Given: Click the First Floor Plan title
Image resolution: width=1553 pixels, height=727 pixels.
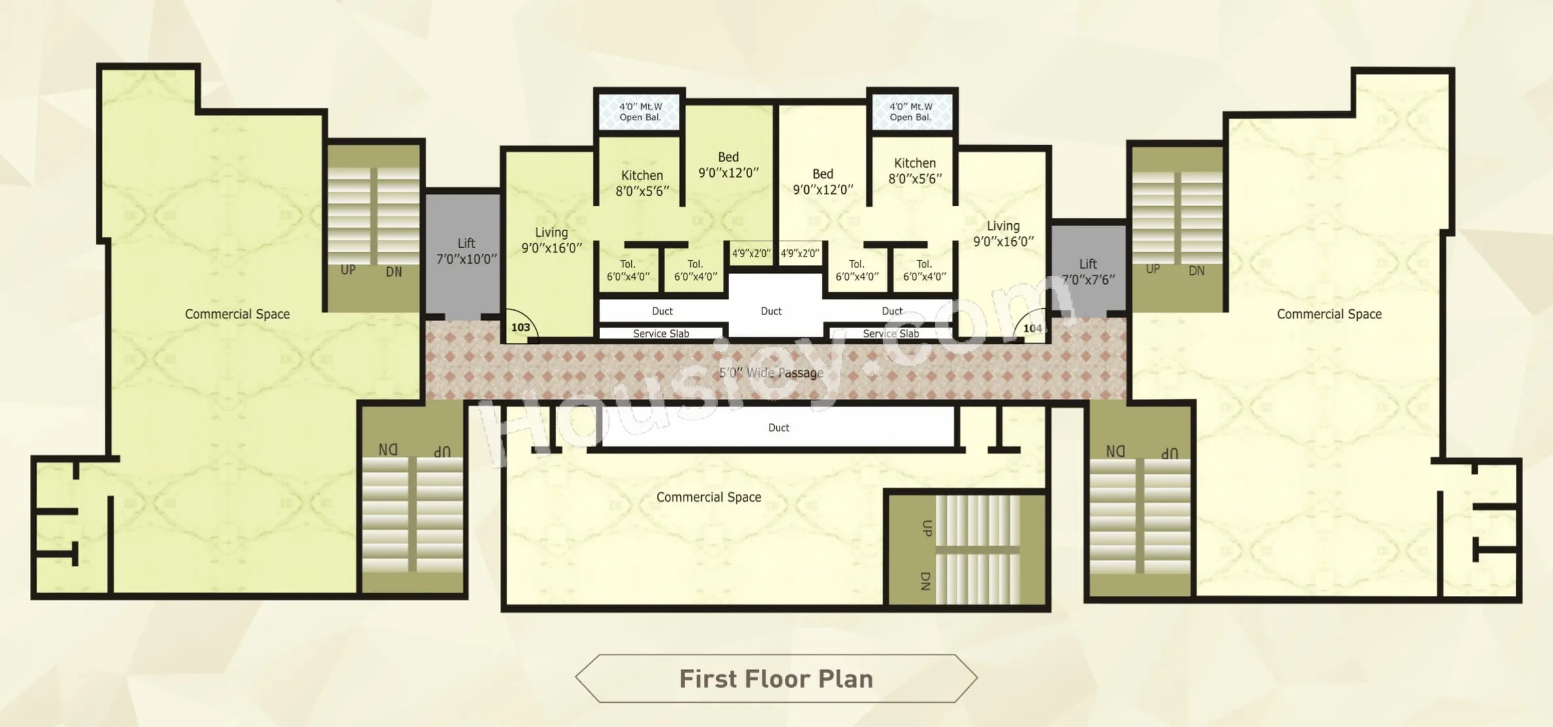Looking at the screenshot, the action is coord(776,679).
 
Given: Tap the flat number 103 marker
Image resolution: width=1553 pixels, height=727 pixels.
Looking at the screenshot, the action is coord(520,327).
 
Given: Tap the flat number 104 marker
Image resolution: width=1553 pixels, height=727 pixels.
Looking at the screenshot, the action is coord(1032,328).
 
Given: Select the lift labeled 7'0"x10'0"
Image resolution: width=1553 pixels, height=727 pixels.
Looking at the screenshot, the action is coord(463,254).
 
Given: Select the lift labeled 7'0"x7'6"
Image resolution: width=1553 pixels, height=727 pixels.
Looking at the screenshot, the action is coord(1088,269).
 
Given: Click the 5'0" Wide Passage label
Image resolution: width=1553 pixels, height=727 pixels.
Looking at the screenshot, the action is coord(771,373).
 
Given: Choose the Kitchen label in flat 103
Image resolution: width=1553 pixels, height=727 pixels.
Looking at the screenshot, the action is coord(642,176).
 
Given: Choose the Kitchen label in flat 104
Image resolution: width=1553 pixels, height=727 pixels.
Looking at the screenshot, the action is coord(915,163).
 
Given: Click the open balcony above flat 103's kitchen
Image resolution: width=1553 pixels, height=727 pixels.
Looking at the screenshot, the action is coord(640,112).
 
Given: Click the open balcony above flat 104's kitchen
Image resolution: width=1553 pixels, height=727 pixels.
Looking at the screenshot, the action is coord(912,112).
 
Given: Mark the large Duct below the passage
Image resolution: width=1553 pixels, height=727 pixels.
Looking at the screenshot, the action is coord(778,427).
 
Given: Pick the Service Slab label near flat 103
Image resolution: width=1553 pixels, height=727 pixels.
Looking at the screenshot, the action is coord(661,333).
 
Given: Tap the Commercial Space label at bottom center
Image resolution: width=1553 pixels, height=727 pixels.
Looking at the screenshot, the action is coord(709,497).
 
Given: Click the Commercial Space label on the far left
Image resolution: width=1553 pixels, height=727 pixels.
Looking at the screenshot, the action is coord(237,314).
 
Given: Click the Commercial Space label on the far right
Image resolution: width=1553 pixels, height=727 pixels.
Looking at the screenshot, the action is coord(1329,314).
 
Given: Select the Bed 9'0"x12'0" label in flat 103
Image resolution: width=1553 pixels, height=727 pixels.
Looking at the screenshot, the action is coord(729,165).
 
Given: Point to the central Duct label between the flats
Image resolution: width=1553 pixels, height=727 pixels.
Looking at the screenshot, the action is coord(771,311).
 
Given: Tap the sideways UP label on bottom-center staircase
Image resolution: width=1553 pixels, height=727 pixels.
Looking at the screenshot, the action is coord(926,528).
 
